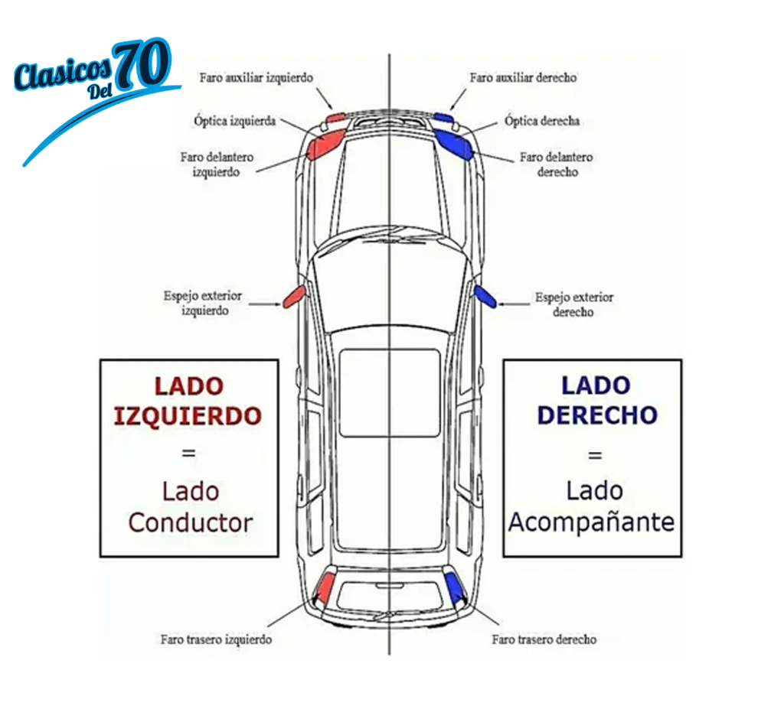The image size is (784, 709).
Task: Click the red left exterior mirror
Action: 293,296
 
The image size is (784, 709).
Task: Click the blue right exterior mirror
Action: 485,296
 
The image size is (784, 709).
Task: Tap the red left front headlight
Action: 326,143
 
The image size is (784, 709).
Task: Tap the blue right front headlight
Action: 453,143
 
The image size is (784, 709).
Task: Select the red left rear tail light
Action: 326,587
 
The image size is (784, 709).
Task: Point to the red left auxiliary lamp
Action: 335,118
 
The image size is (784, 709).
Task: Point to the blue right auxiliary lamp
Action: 443,118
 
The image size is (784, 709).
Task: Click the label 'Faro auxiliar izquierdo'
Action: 256,78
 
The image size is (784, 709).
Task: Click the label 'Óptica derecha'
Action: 542,121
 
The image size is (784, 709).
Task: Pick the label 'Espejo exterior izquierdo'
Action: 203,304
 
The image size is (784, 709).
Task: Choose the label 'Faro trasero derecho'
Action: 544,639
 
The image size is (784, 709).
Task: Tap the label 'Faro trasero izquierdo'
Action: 216,639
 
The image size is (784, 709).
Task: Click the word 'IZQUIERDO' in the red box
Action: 188,416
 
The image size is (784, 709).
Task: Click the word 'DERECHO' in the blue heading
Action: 597,415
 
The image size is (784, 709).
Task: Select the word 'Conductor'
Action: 191,523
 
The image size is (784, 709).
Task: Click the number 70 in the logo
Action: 142,64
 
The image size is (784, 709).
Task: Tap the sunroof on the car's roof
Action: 390,393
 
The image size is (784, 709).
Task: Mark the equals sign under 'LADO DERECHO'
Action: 595,455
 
